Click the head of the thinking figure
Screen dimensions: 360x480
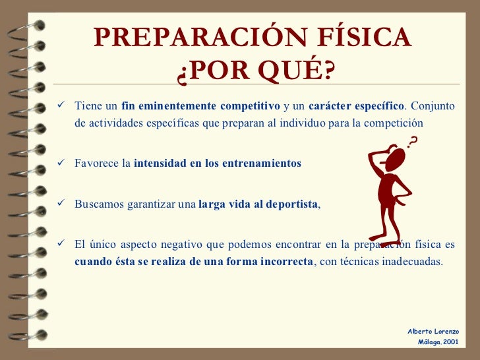tap(395, 160)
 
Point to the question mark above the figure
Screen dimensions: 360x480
tap(413, 141)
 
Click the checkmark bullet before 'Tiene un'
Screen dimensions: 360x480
tap(61, 105)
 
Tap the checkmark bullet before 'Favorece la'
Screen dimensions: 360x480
tap(61, 163)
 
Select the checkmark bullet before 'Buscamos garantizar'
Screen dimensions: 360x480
tap(61, 204)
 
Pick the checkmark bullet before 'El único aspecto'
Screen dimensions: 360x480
tap(61, 244)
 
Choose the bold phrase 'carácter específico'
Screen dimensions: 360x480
tap(356, 106)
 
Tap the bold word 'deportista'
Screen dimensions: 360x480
tap(290, 204)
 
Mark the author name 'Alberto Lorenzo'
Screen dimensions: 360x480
tap(433, 331)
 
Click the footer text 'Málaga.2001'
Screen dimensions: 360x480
tap(438, 343)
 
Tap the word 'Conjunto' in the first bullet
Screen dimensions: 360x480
tap(433, 106)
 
